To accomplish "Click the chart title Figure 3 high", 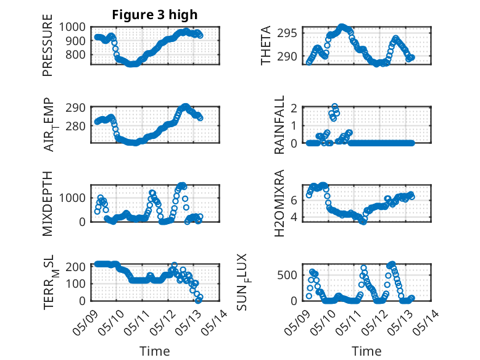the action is (155, 15).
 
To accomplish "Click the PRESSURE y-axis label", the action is (48, 45).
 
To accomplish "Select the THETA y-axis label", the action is (266, 45).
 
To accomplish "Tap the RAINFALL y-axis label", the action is (279, 125).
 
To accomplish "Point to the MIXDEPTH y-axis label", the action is (48, 203).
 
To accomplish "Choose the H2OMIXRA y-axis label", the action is (279, 203).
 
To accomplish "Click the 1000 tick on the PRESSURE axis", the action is (72, 27).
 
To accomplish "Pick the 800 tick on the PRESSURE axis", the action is (76, 55).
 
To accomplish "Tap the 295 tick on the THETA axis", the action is (287, 33).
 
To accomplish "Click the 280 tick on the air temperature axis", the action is (76, 126).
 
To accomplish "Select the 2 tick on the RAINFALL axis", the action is (294, 108).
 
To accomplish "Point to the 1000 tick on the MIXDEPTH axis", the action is (72, 198).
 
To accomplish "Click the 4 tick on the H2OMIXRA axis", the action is (294, 217).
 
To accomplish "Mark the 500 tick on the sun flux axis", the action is (287, 275).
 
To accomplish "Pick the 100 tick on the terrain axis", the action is (76, 283).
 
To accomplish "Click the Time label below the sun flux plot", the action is (366, 351).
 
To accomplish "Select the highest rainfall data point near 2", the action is (334, 106).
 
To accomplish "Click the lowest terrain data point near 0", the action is (199, 300).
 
